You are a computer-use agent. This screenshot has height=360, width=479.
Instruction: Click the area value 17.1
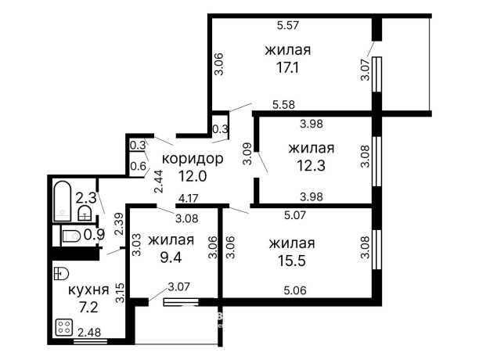[x=287, y=69]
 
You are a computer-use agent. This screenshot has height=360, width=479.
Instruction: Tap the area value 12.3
[x=311, y=167]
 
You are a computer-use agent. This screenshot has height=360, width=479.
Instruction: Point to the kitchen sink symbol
[x=63, y=273]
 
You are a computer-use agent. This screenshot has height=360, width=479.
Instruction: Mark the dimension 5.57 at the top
[x=290, y=25]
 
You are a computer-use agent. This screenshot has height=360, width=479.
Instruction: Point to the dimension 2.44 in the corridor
[x=159, y=182]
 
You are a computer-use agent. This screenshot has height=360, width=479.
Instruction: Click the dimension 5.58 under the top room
[x=283, y=104]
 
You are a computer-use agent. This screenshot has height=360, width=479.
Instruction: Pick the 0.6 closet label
[x=139, y=165]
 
